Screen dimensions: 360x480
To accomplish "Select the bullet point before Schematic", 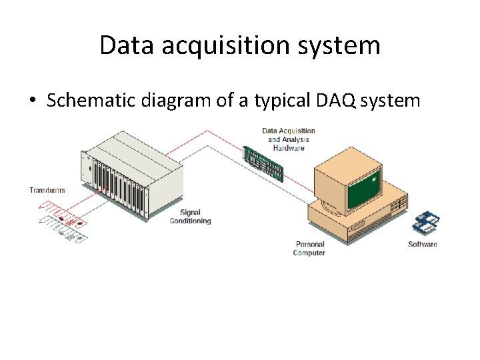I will coord(33,101).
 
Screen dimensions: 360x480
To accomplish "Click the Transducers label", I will coord(47,191).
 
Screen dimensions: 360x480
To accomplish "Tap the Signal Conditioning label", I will coord(190,217).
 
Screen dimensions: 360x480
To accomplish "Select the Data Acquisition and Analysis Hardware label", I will coord(288,139).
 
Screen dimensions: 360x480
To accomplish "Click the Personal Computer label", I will coord(309,249).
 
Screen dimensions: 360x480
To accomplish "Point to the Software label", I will coord(422,244).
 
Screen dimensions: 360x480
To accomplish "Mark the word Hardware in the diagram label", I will coord(288,148).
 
